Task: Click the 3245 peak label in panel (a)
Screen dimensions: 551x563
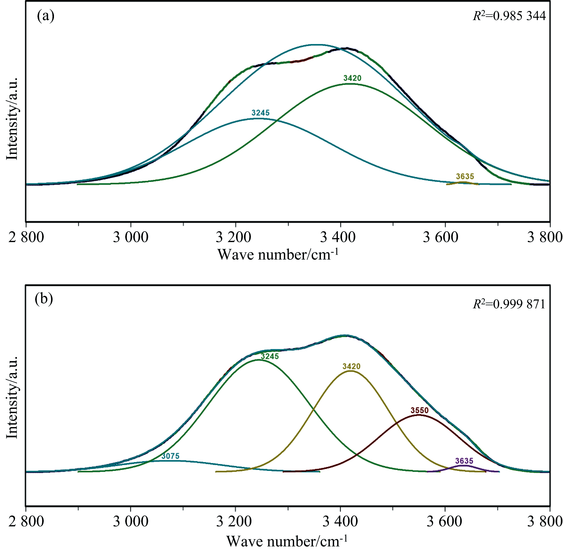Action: click(261, 113)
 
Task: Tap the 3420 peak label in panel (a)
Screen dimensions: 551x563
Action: click(352, 78)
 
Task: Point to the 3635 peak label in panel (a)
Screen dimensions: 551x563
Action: click(465, 176)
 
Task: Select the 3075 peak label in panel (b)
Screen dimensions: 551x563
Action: click(170, 456)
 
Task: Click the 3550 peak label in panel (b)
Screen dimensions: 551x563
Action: click(420, 410)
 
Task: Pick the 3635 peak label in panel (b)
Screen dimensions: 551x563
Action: click(464, 461)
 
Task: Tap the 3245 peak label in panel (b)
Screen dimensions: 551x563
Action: click(270, 356)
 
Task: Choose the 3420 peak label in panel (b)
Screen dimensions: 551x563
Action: click(351, 366)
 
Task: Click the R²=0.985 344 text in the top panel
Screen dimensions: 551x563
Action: click(509, 16)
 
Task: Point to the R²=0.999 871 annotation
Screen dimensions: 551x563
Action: click(509, 304)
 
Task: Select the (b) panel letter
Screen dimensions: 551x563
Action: click(44, 299)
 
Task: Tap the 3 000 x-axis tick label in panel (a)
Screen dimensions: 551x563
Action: click(131, 237)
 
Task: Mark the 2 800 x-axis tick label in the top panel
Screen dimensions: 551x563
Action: click(26, 237)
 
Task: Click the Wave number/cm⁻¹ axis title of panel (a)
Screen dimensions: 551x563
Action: click(278, 255)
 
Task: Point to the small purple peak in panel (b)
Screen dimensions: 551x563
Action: click(464, 466)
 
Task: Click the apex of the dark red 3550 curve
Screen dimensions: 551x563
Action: click(418, 415)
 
